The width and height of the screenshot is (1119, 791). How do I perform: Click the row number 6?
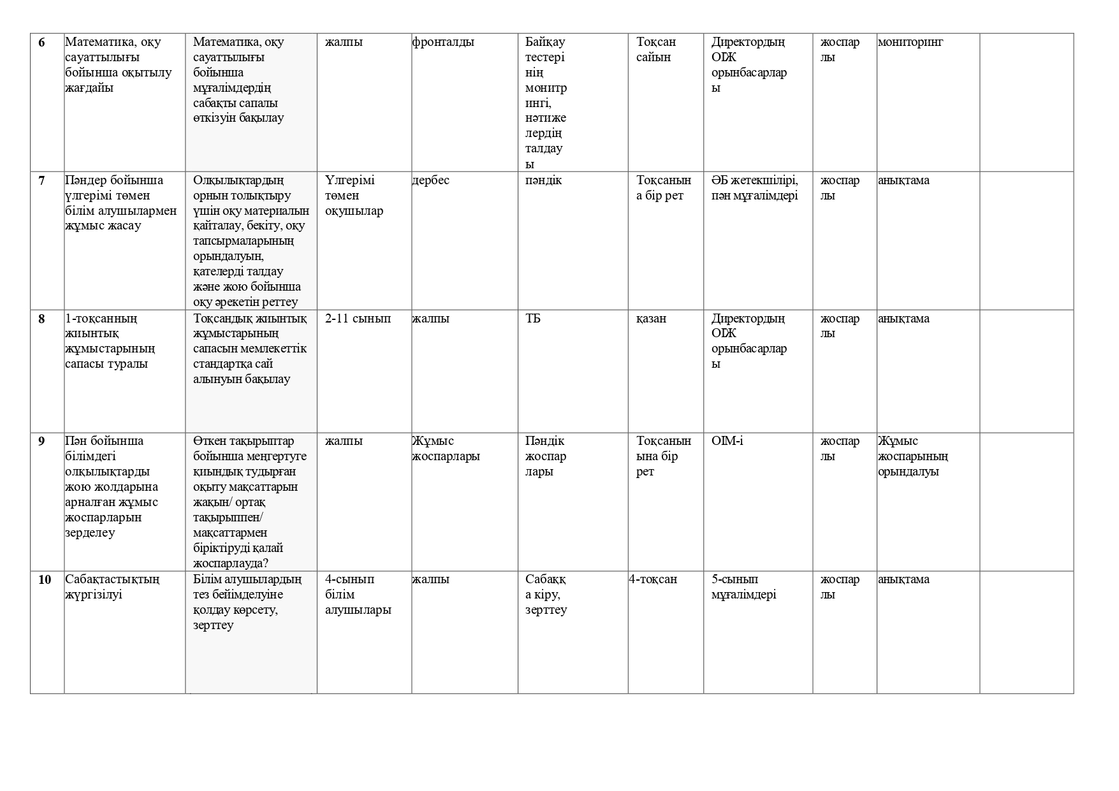pyautogui.click(x=42, y=43)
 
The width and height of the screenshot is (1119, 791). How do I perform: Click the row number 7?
pyautogui.click(x=42, y=181)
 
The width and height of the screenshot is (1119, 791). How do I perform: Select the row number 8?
pyautogui.click(x=42, y=319)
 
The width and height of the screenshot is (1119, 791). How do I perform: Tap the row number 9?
pyautogui.click(x=42, y=442)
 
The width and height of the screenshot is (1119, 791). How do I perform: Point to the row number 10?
pyautogui.click(x=45, y=580)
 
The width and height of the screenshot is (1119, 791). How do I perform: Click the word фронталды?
pyautogui.click(x=443, y=43)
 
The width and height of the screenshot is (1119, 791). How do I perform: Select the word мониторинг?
pyautogui.click(x=910, y=43)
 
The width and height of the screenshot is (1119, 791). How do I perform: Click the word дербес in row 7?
pyautogui.click(x=430, y=181)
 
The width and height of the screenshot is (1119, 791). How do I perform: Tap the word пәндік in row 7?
pyautogui.click(x=543, y=181)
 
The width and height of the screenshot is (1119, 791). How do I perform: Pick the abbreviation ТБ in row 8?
pyautogui.click(x=532, y=319)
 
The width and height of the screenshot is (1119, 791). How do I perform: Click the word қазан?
pyautogui.click(x=651, y=319)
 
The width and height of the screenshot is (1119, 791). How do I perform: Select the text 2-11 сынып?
pyautogui.click(x=358, y=319)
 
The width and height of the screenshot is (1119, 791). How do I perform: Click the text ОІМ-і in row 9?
pyautogui.click(x=727, y=442)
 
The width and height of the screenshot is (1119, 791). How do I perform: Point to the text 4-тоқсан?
pyautogui.click(x=653, y=580)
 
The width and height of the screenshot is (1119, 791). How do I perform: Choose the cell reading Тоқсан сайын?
pyautogui.click(x=656, y=50)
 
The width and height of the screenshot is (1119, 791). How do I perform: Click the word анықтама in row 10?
pyautogui.click(x=903, y=580)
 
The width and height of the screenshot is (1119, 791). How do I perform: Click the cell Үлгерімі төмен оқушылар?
pyautogui.click(x=354, y=196)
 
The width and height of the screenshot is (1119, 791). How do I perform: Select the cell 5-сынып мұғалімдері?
pyautogui.click(x=743, y=587)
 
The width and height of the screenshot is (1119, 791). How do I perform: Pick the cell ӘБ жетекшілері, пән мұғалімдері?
pyautogui.click(x=754, y=188)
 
